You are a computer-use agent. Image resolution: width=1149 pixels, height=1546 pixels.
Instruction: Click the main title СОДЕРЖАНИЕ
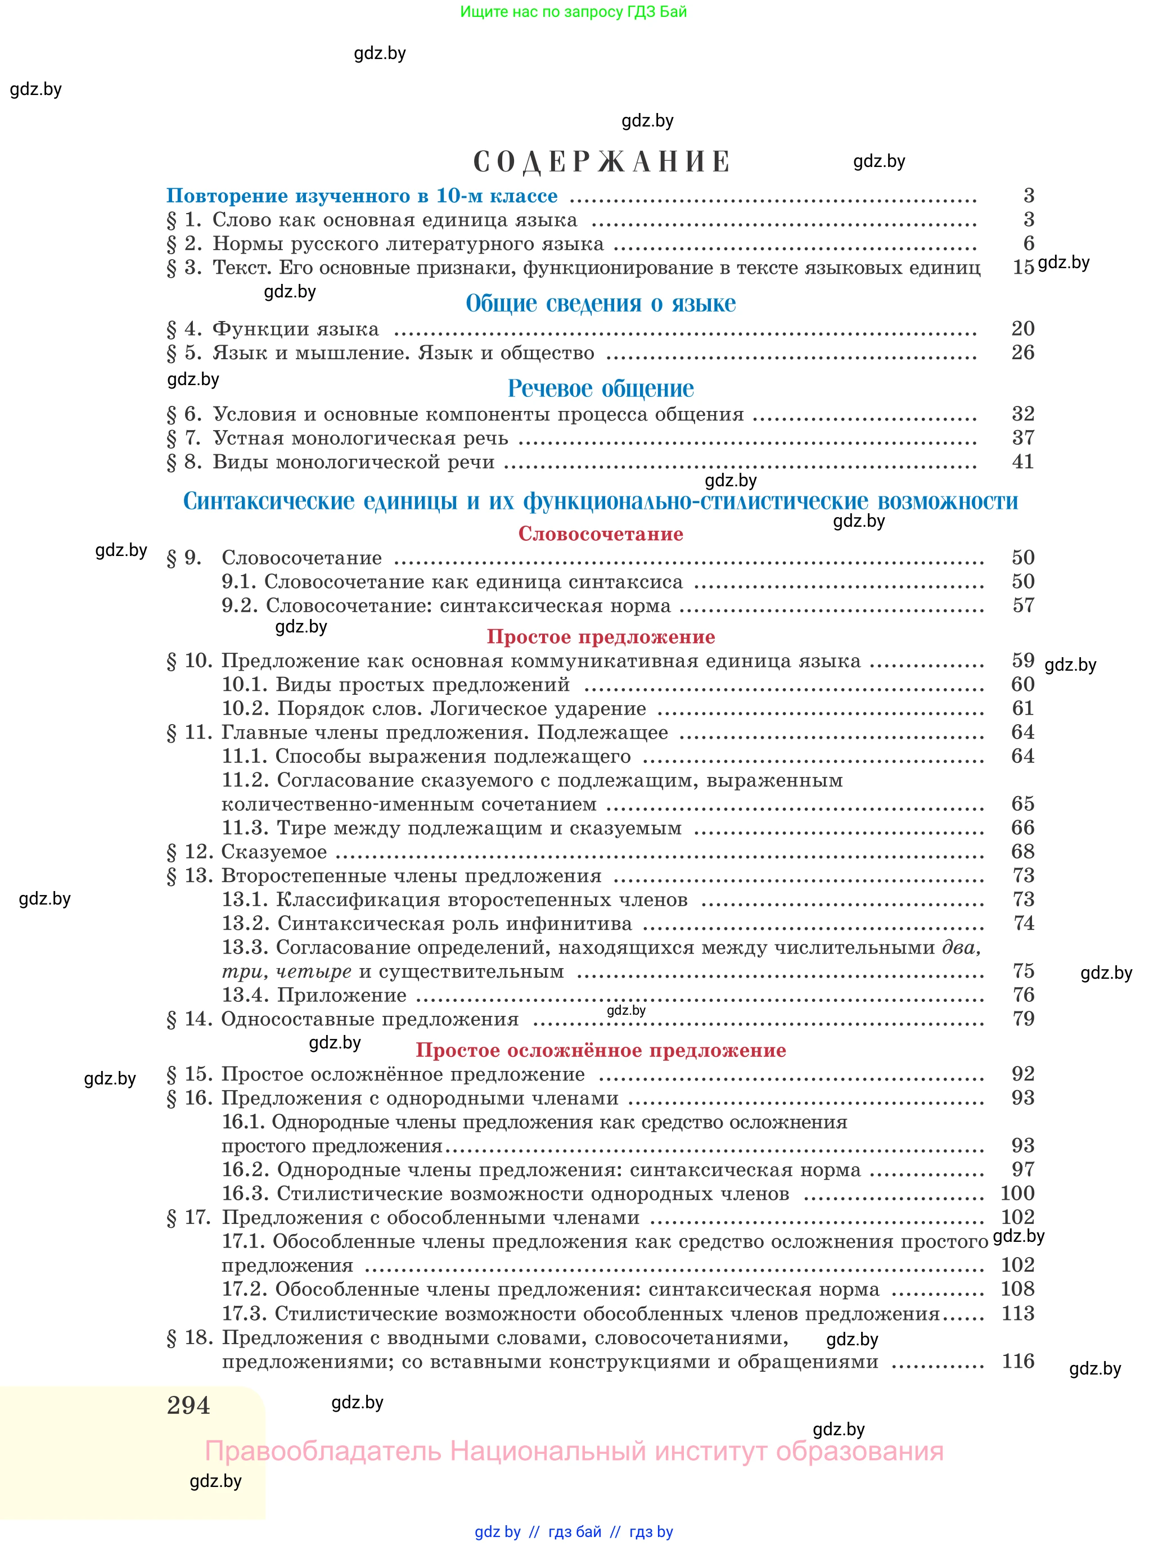point(601,162)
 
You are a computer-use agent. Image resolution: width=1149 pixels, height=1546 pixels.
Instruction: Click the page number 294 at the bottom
point(188,1405)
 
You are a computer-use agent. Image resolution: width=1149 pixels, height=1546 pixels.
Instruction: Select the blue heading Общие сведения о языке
point(600,303)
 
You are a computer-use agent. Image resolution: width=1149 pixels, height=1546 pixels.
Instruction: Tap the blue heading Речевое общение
point(600,388)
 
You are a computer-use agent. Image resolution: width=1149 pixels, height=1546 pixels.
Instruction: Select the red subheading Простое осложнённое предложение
point(600,1050)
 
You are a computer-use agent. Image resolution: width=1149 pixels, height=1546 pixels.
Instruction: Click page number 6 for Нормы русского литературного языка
point(1029,243)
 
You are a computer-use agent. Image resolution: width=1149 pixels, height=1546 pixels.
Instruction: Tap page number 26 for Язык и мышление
point(1022,352)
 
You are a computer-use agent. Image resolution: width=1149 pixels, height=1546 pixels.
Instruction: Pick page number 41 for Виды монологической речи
point(1022,462)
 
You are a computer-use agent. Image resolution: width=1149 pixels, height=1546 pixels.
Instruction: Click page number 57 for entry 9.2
point(1023,605)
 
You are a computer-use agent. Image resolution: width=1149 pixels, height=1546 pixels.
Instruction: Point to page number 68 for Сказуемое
point(1022,852)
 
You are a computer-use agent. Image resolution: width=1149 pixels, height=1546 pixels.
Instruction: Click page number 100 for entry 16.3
point(1017,1193)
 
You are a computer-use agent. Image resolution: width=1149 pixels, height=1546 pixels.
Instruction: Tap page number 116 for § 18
point(1017,1360)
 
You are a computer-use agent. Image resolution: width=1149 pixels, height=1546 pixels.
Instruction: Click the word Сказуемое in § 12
point(274,852)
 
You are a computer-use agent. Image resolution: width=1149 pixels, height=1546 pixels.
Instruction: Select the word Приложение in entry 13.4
point(341,996)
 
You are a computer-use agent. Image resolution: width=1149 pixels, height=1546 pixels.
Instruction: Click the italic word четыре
point(314,972)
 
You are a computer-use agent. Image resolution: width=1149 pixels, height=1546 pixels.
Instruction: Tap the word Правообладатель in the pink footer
point(323,1451)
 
